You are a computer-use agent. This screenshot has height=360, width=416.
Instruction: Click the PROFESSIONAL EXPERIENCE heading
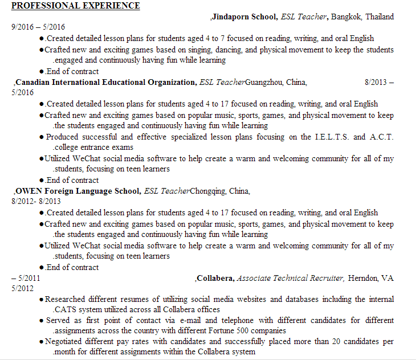[75, 6]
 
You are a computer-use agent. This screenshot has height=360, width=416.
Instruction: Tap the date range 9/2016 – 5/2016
[38, 27]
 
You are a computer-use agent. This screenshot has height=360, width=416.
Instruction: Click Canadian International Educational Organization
[105, 82]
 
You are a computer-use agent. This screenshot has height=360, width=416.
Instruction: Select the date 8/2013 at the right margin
[375, 82]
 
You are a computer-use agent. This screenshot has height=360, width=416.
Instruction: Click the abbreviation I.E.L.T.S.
[332, 137]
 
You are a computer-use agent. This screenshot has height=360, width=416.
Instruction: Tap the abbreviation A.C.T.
[381, 137]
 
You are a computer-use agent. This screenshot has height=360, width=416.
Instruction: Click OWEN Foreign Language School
[78, 191]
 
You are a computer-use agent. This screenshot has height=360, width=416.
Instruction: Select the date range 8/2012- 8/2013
[35, 202]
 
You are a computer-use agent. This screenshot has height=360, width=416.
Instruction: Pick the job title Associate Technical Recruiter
[290, 278]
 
